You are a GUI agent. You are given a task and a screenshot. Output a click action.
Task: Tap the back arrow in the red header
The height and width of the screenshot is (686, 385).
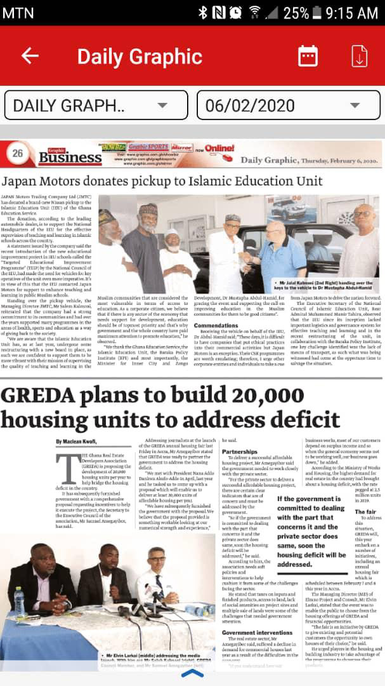pos(30,56)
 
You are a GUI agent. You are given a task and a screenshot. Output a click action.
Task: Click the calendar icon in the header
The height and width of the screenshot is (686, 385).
pos(308,56)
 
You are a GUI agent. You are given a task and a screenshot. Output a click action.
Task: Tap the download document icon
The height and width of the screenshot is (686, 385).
pos(360,56)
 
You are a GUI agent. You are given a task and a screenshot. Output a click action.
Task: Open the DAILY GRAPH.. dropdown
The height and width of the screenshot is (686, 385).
pos(96,105)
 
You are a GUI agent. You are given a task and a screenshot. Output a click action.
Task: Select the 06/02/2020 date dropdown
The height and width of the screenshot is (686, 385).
pos(289,105)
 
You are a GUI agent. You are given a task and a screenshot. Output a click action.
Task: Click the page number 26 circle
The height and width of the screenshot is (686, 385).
pos(18,153)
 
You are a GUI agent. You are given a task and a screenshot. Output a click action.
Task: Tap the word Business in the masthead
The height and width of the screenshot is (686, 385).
pos(70,157)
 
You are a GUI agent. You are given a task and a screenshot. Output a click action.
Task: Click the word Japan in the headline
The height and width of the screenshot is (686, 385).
pos(18,181)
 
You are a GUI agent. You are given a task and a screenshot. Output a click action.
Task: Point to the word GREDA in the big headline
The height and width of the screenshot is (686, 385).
pos(39,396)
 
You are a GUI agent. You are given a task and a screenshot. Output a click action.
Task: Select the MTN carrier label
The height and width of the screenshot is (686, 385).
pos(18,12)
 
